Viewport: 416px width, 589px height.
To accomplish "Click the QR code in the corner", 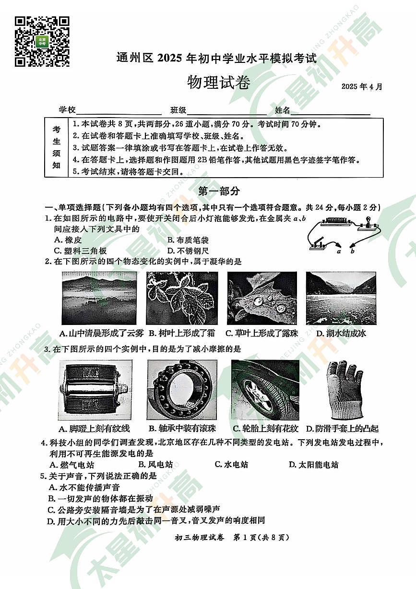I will coord(42,41).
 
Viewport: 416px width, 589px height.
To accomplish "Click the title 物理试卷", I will coord(218,83).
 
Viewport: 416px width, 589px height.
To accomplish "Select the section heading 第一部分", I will coord(219,191).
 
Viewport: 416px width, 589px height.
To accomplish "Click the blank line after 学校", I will coord(119,110).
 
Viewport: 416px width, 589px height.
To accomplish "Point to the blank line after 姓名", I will coord(331,110).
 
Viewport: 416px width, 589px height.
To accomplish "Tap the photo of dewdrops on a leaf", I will coord(262,298).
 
